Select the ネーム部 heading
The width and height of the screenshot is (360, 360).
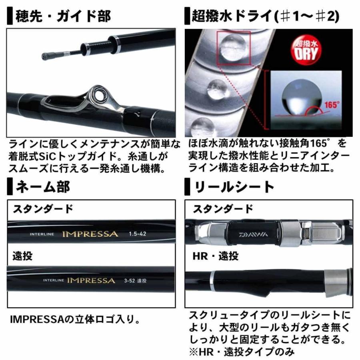pyautogui.click(x=42, y=186)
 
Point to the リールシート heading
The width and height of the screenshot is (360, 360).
pyautogui.click(x=234, y=186)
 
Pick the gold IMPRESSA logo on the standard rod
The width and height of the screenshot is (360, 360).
pyautogui.click(x=90, y=234)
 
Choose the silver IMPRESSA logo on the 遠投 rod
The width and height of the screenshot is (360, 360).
pyautogui.click(x=91, y=280)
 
